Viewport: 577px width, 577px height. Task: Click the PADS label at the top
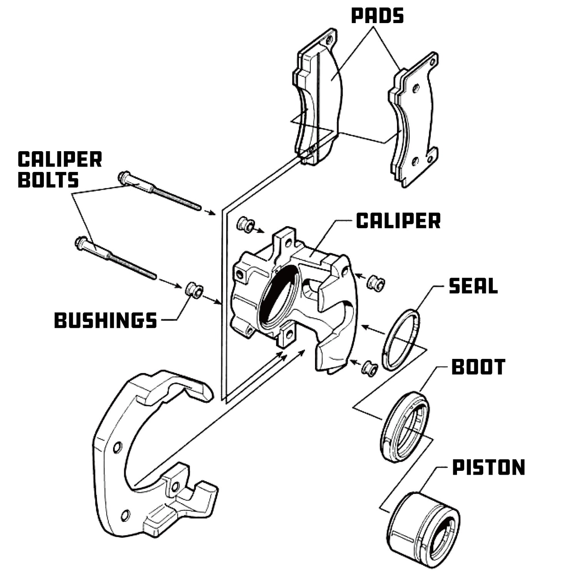377,16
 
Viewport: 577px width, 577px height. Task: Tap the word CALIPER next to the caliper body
398,221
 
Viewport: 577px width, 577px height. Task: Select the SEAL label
473,286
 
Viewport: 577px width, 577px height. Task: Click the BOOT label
478,367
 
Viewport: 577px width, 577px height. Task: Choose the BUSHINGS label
106,320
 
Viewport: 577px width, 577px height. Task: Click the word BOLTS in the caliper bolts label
48,180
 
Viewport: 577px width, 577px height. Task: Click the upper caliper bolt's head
124,178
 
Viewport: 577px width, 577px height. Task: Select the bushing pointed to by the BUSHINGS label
194,290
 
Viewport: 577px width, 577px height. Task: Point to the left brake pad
317,96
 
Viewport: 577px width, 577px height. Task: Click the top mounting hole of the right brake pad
415,88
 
